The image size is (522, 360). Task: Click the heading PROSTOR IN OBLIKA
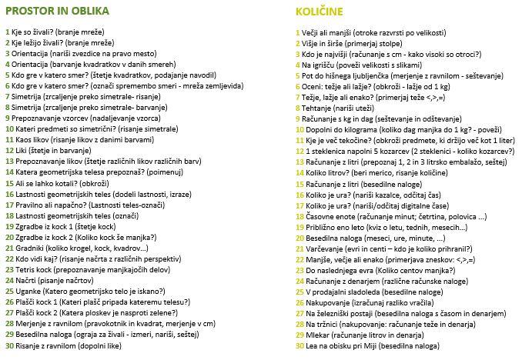(57, 12)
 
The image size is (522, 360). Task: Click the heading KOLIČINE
(322, 12)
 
